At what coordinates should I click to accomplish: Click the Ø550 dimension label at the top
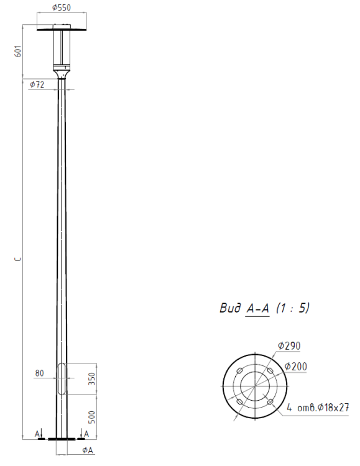click(x=62, y=7)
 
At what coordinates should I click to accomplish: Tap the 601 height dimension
click(x=18, y=51)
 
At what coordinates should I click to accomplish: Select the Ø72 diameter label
click(x=37, y=85)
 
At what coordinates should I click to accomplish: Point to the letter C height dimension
click(x=19, y=259)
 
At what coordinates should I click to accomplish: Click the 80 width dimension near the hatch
click(x=39, y=373)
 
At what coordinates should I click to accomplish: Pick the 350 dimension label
click(x=92, y=379)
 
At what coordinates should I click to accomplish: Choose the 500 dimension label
click(x=92, y=418)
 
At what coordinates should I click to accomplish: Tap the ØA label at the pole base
click(x=88, y=450)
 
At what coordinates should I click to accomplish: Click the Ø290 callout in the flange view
click(x=289, y=346)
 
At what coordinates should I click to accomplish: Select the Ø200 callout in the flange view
click(x=295, y=367)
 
